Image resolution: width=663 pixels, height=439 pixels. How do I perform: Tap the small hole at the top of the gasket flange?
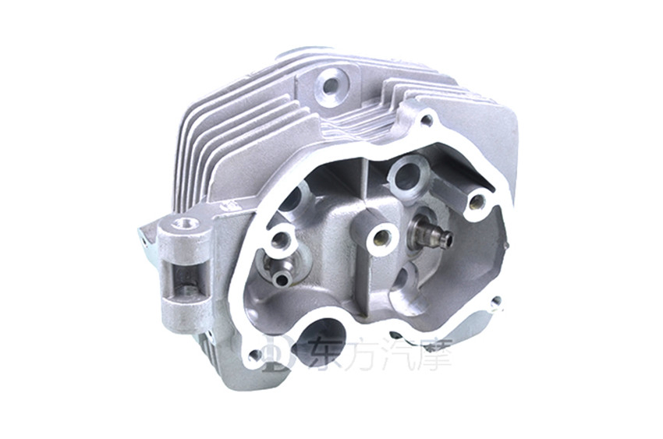(x=427, y=121)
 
